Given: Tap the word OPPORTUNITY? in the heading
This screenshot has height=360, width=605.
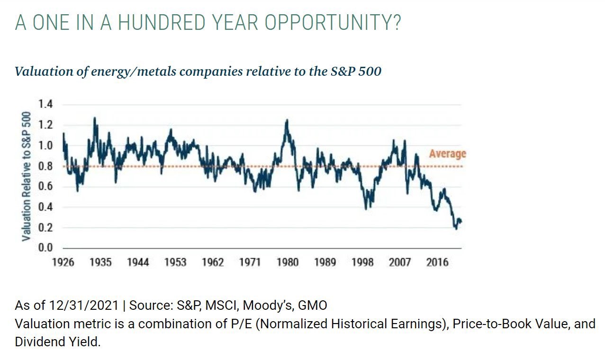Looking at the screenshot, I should (337, 22).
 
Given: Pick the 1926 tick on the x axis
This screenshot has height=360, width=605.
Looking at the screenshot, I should (63, 262).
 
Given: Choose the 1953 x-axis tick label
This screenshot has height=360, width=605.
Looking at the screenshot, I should (175, 262).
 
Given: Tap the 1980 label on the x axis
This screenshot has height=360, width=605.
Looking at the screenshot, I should (288, 262).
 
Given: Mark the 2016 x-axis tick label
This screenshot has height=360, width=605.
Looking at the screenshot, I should (437, 262).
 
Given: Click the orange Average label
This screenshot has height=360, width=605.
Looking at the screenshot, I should (447, 153).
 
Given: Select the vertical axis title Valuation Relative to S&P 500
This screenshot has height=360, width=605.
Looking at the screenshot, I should (27, 176).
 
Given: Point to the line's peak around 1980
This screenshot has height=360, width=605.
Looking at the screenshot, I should (287, 120).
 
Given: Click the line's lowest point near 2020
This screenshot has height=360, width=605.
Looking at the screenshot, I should (456, 229).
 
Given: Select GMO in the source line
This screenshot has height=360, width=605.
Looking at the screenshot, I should (312, 305).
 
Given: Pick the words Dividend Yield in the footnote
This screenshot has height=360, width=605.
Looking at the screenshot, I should (57, 342).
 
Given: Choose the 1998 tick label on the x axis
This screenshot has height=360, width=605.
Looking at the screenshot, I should (362, 262).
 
